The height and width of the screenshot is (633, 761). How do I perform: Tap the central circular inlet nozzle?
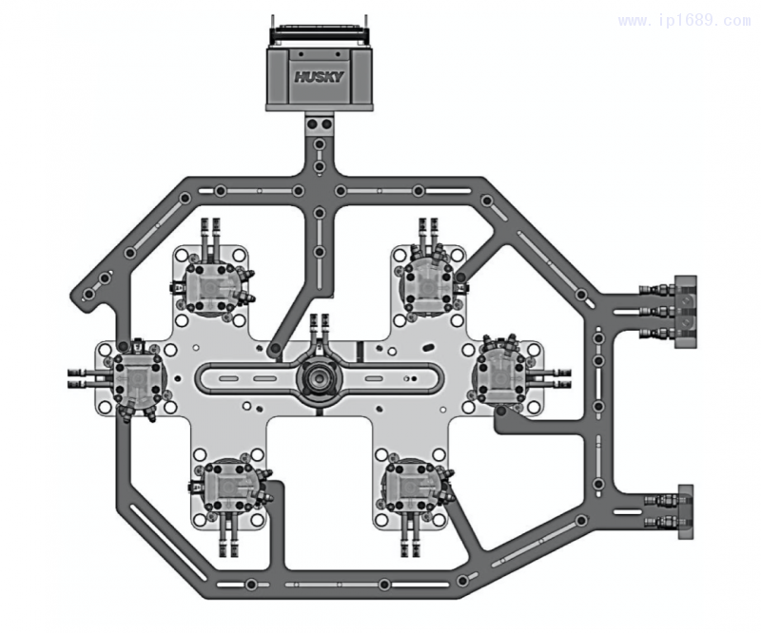coord(318,374)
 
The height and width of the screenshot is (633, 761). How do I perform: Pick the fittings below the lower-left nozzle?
coord(229,541)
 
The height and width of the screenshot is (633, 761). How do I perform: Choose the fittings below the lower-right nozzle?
coord(411,541)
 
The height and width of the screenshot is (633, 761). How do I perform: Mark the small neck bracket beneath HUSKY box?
coord(319,124)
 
